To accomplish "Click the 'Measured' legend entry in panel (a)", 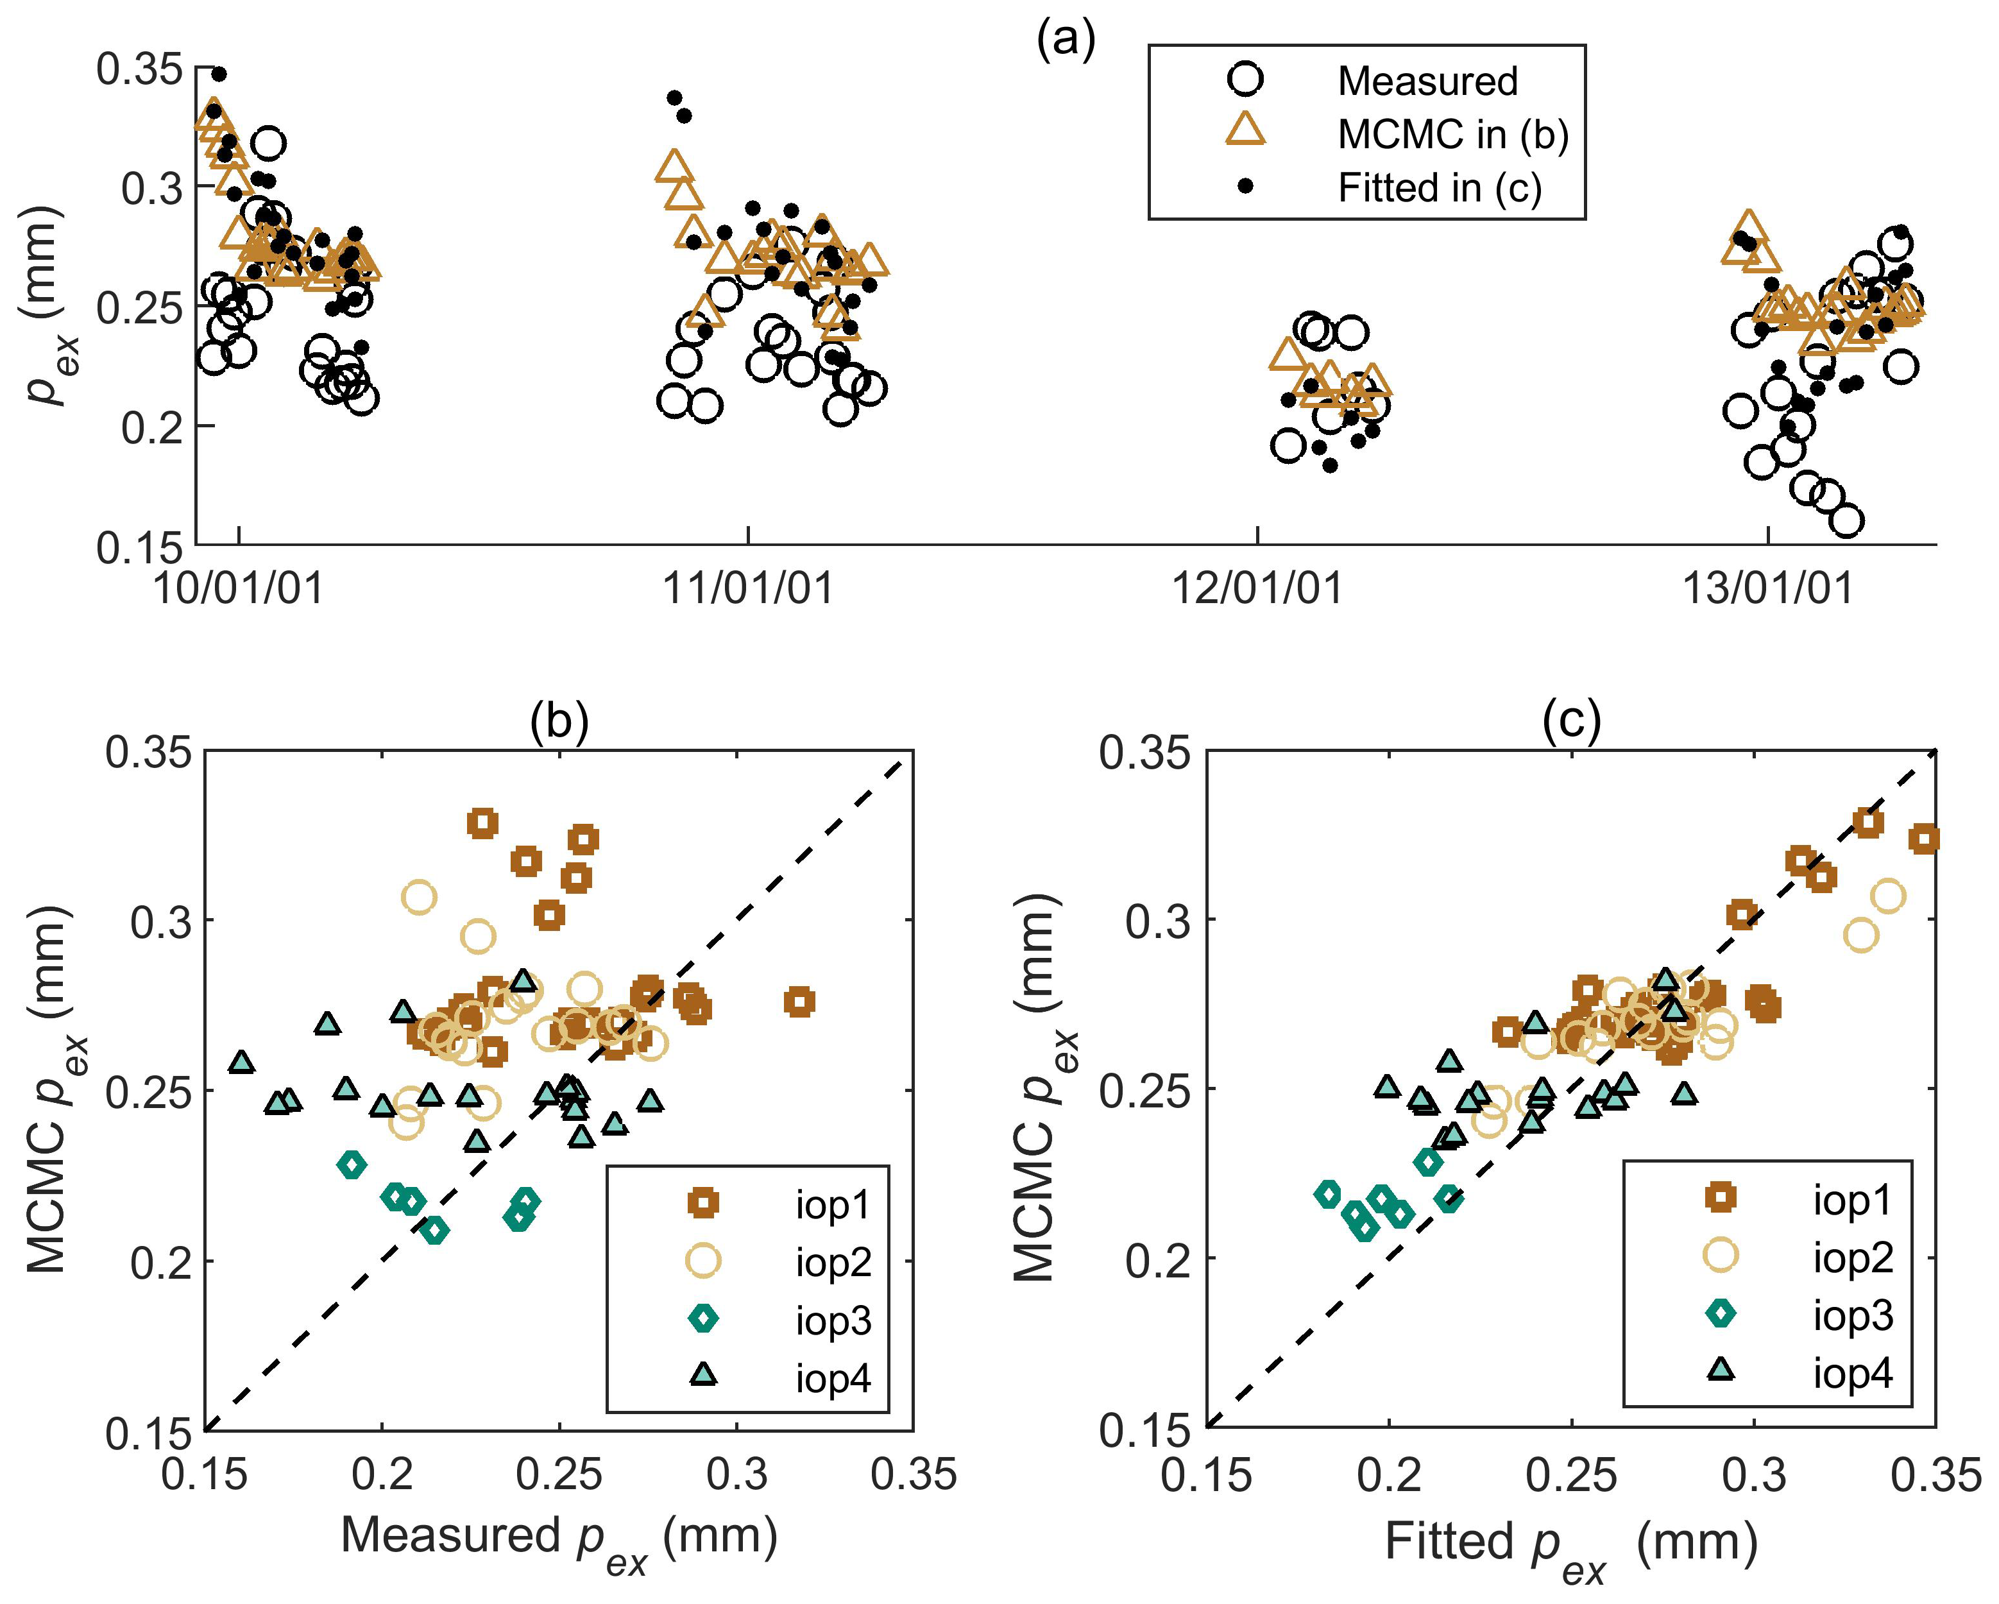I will pyautogui.click(x=1426, y=81).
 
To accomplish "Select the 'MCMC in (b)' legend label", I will pyautogui.click(x=1452, y=135).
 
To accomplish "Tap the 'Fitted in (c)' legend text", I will pyautogui.click(x=1439, y=188).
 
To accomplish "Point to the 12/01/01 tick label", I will pyautogui.click(x=1257, y=588).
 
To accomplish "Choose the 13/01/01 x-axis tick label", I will pyautogui.click(x=1767, y=588).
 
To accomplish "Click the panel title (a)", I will pyautogui.click(x=1066, y=42).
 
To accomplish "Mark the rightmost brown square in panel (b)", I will pyautogui.click(x=799, y=1002).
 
